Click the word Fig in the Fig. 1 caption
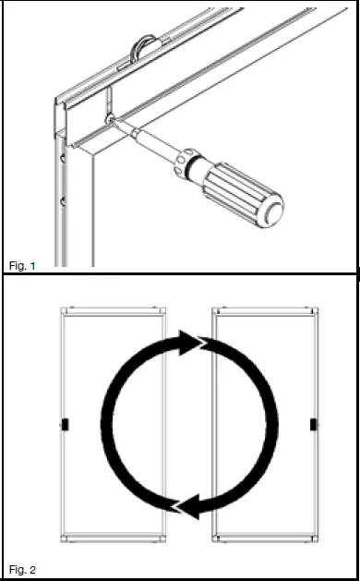pyautogui.click(x=16, y=265)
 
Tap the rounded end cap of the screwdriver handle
pyautogui.click(x=272, y=212)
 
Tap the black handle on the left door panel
pyautogui.click(x=64, y=425)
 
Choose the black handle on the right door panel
pyautogui.click(x=311, y=425)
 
